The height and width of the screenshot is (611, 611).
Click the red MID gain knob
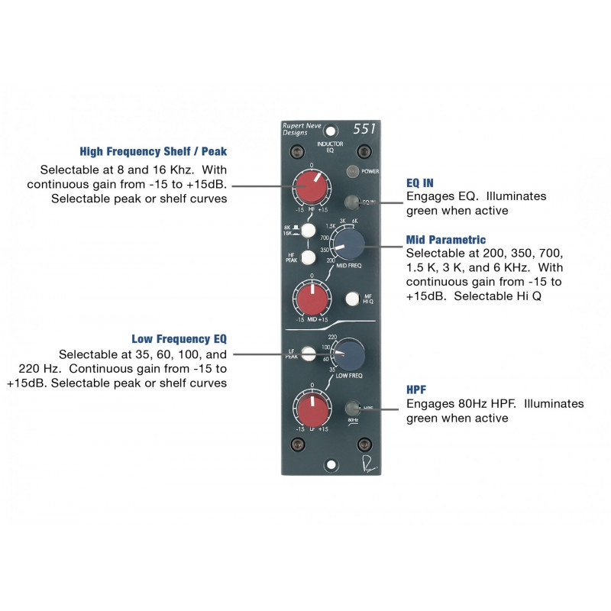click(x=309, y=299)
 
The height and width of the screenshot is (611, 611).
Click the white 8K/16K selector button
click(x=309, y=230)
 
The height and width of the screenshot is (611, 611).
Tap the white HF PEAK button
click(x=309, y=257)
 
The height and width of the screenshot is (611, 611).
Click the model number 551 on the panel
click(x=364, y=129)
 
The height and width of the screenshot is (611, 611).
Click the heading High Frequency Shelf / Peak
click(x=153, y=151)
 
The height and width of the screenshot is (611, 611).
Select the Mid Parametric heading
click(x=445, y=240)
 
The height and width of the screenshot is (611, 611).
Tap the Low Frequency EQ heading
click(x=179, y=338)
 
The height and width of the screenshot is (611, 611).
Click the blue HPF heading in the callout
click(x=417, y=389)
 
